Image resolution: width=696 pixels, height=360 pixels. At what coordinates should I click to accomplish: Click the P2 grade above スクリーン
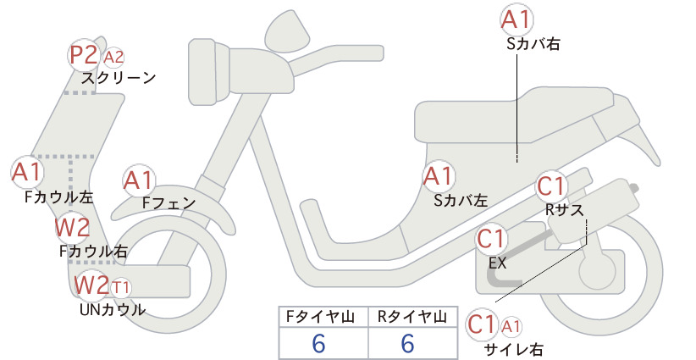click(84, 55)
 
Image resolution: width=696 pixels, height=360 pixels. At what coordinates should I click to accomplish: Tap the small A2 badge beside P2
click(113, 58)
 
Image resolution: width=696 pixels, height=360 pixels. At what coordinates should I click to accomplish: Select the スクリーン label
click(119, 78)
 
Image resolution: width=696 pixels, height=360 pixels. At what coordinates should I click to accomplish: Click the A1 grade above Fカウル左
click(26, 172)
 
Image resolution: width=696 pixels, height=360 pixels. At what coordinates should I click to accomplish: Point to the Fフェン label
click(168, 202)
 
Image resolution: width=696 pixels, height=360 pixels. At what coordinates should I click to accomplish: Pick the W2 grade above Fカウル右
click(73, 228)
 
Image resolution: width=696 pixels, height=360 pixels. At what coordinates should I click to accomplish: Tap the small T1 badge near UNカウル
click(120, 288)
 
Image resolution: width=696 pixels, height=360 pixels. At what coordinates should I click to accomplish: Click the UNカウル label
click(113, 309)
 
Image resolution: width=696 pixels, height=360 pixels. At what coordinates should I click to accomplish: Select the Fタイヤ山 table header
click(321, 317)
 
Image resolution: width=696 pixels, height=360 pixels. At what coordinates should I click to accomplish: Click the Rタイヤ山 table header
click(412, 317)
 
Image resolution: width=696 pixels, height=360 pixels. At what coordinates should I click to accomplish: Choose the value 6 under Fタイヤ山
click(318, 343)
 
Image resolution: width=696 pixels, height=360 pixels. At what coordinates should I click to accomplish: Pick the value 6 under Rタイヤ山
click(407, 343)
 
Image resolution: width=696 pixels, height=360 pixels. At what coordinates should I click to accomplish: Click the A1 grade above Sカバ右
click(516, 20)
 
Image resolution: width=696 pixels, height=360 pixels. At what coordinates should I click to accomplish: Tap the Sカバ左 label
click(461, 201)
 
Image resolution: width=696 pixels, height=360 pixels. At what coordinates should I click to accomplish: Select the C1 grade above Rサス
click(551, 186)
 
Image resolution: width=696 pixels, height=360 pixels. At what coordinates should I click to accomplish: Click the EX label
click(497, 263)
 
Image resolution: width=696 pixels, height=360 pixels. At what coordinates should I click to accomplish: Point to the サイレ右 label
click(514, 349)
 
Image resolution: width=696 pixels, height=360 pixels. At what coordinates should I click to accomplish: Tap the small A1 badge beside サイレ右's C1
click(511, 327)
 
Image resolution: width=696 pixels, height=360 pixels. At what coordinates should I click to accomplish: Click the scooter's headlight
click(206, 72)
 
